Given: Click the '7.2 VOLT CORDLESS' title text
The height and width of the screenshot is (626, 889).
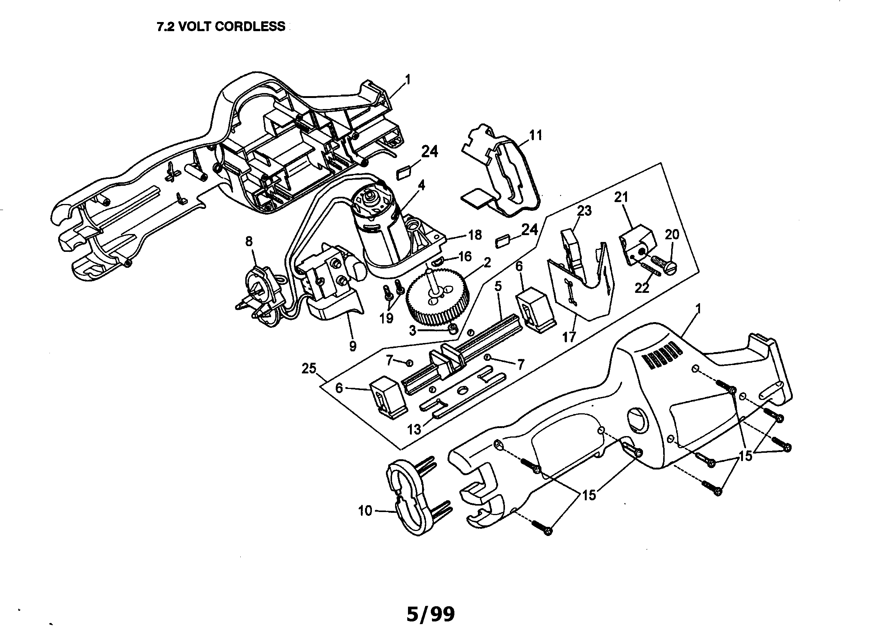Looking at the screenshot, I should [221, 26].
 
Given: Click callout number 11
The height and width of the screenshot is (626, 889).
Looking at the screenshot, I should [535, 136].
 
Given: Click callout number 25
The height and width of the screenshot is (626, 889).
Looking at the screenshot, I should [309, 369].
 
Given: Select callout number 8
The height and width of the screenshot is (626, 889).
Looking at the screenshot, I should [249, 242].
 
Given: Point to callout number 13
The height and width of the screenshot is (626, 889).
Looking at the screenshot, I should [414, 429].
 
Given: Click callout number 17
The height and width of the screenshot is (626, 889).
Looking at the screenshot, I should [569, 337].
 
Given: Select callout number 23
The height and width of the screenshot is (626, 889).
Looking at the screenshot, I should [584, 211].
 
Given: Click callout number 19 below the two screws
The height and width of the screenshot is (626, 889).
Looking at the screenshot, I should [386, 318].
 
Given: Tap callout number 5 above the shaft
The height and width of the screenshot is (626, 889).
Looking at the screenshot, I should [498, 287].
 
